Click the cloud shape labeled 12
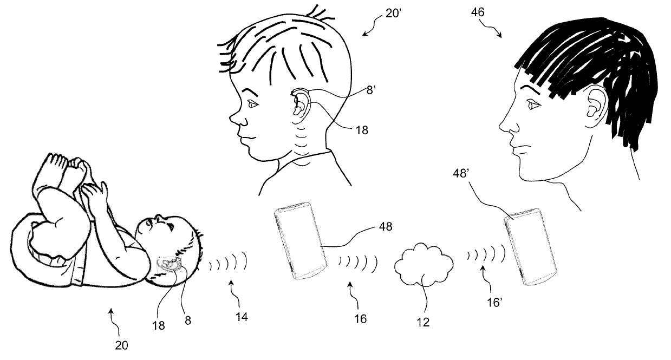[424, 264]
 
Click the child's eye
[252, 104]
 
